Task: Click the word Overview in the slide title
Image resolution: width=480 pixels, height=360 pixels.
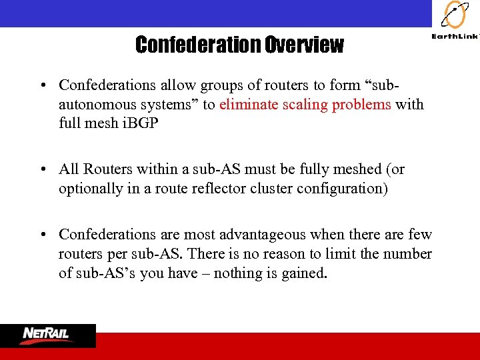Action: pyautogui.click(x=304, y=45)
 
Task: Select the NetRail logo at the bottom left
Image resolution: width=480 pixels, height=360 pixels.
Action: pyautogui.click(x=47, y=335)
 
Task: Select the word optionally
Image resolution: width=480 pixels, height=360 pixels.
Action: pyautogui.click(x=91, y=189)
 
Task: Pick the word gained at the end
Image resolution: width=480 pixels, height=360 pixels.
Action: pyautogui.click(x=306, y=273)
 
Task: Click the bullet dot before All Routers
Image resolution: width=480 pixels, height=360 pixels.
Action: pyautogui.click(x=43, y=169)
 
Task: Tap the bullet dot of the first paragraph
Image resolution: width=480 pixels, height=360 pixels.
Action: pyautogui.click(x=43, y=85)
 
